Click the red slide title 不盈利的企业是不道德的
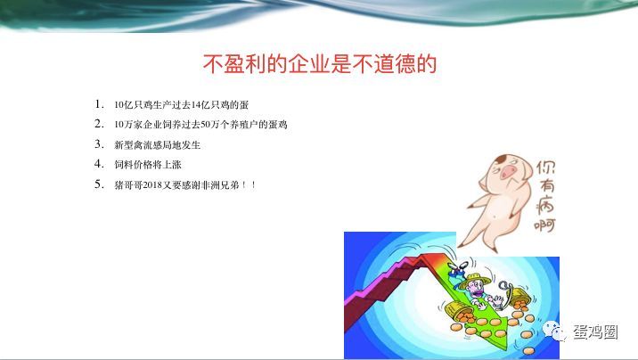coord(320,64)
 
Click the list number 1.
coord(99,104)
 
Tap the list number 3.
coord(99,144)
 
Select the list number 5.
coord(99,184)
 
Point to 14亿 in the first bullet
coord(200,105)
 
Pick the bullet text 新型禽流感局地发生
coord(158,145)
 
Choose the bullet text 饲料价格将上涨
coord(148,165)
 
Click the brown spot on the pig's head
coord(502,158)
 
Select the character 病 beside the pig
coord(545,204)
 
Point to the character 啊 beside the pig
coord(544,225)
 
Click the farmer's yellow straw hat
coord(475,281)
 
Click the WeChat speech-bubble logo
coord(554,331)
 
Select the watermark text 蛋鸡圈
coord(596,332)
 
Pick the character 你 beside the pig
coord(545,168)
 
